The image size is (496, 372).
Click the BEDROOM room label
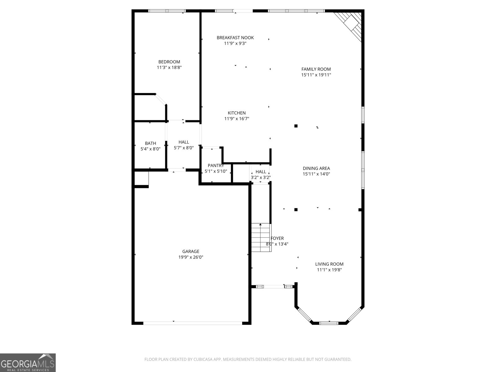[169, 62]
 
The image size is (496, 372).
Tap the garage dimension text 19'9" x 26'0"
[191, 257]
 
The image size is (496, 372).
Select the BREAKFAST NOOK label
[235, 38]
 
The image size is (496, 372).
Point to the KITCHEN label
[237, 113]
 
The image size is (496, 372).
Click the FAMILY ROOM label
[316, 69]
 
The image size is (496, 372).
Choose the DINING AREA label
[317, 168]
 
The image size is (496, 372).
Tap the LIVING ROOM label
[329, 264]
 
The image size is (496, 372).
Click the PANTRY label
[216, 166]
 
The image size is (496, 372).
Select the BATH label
[150, 143]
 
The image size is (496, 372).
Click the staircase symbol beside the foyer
[261, 237]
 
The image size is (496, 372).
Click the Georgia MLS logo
[28, 362]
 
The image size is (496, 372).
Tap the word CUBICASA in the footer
[203, 359]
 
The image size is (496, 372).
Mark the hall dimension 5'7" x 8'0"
[184, 148]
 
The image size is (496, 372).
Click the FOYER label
[277, 238]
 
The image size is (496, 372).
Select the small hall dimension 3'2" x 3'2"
[261, 178]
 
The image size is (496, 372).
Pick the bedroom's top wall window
[167, 11]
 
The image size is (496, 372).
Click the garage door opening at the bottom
[193, 323]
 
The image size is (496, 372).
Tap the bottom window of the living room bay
[329, 323]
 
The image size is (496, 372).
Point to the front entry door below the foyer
[274, 287]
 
